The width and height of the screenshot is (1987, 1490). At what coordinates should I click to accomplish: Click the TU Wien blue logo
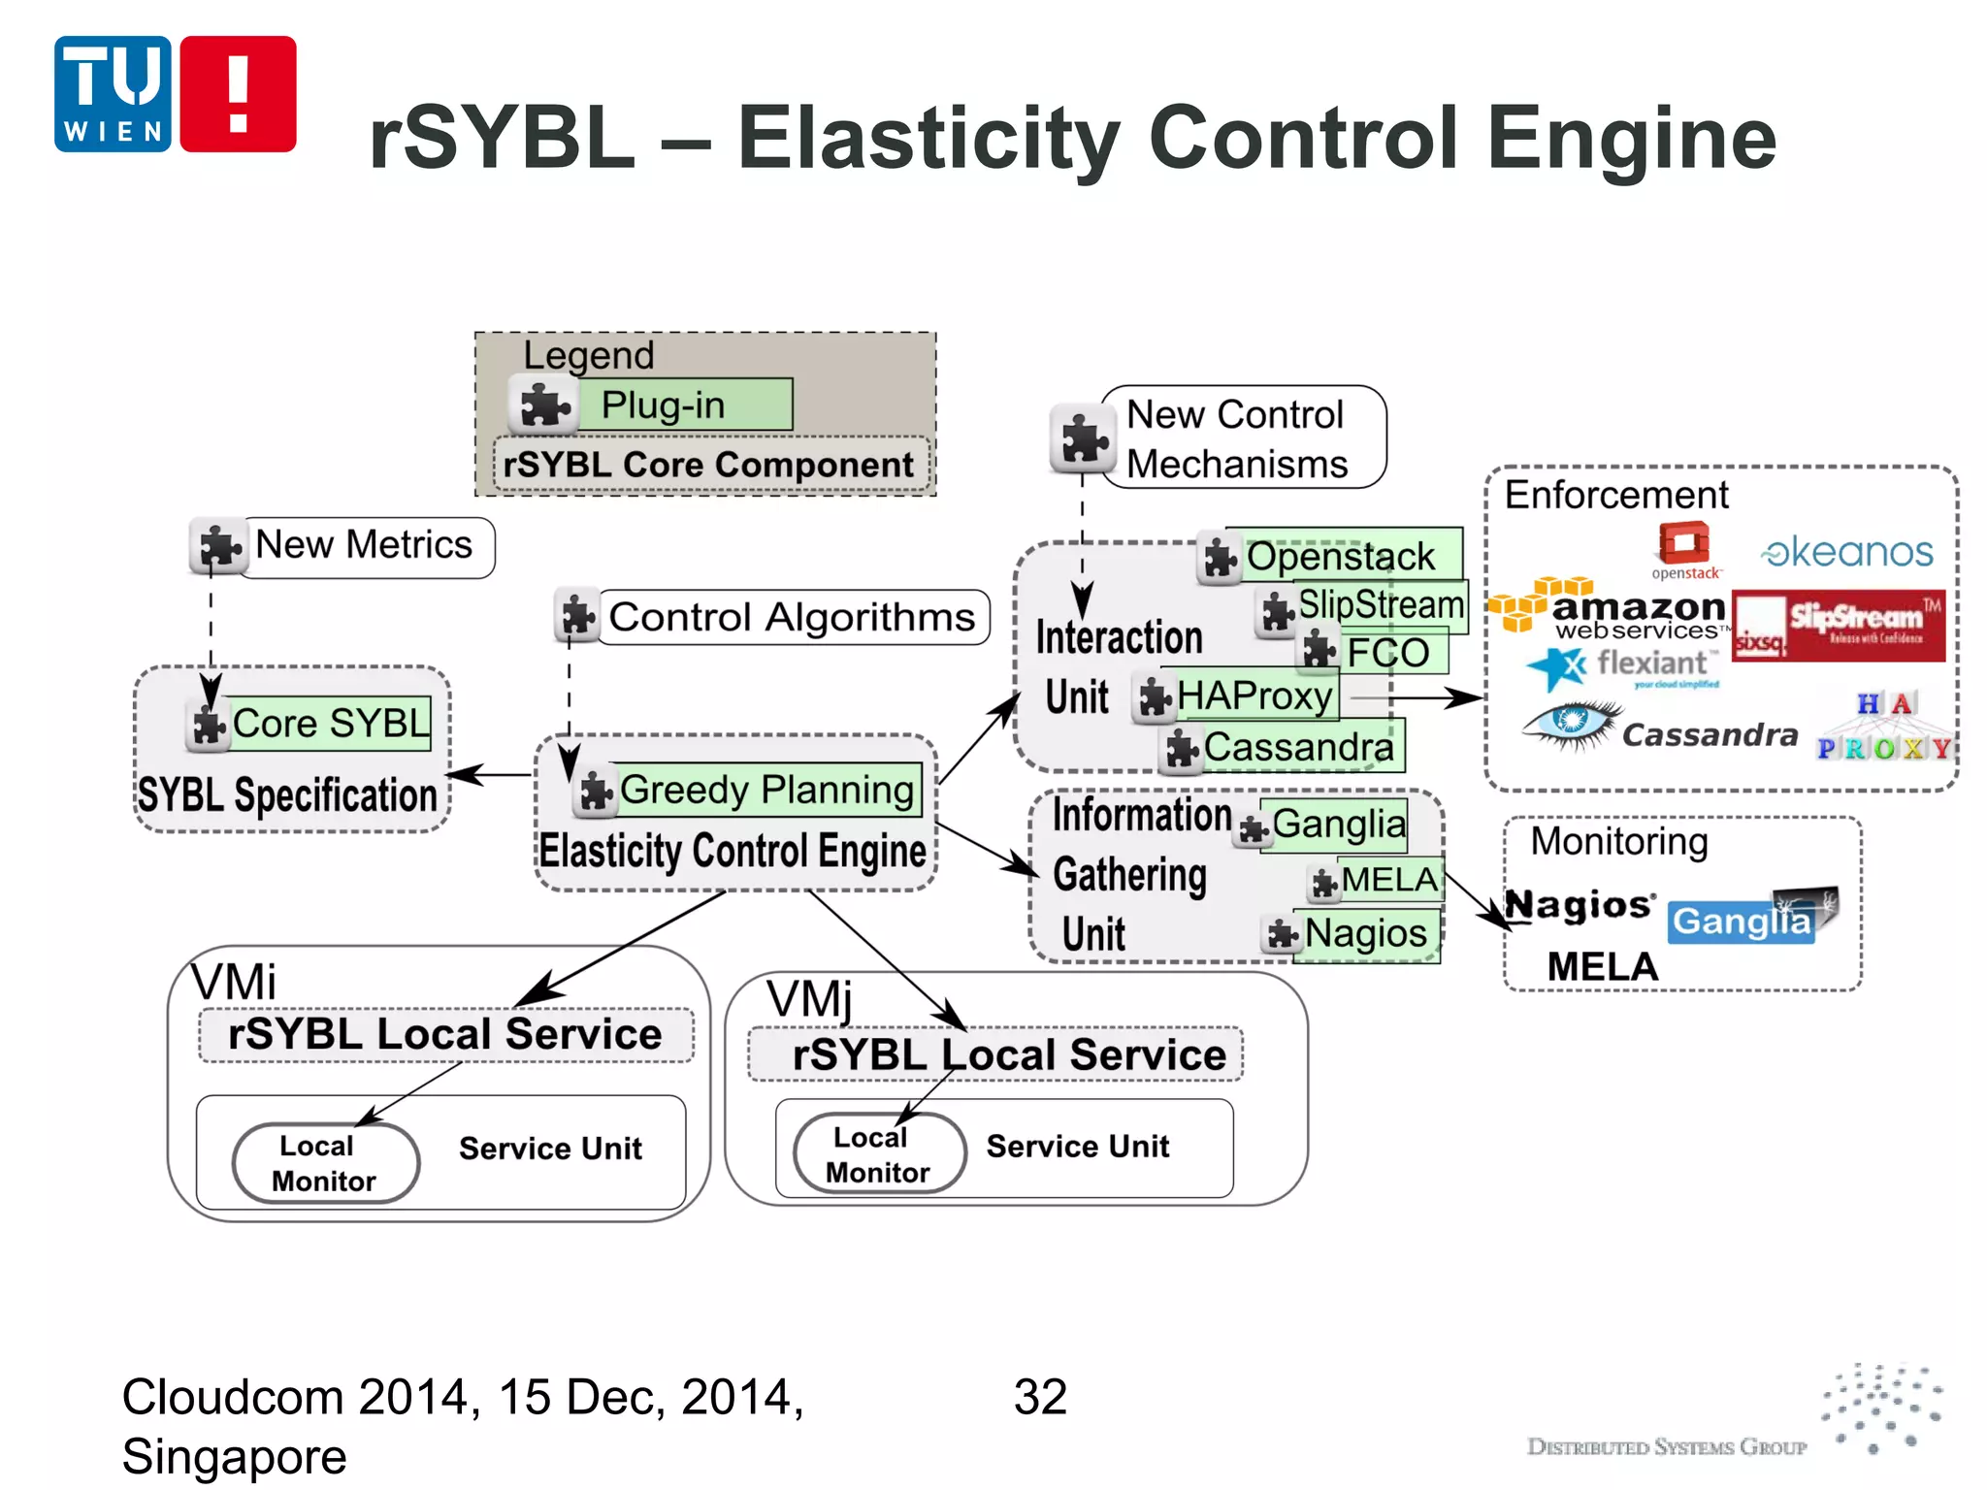[113, 94]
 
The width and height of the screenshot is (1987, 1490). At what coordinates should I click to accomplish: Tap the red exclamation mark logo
[238, 94]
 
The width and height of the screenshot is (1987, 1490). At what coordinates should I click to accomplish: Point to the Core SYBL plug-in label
[329, 724]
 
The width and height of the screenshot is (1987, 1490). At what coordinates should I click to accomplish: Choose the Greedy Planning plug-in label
[765, 790]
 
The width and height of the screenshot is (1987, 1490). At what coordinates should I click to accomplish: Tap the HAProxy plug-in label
[1254, 696]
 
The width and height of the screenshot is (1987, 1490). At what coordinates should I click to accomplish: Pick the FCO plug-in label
[1387, 653]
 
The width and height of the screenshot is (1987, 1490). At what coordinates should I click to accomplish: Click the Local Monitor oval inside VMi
[326, 1163]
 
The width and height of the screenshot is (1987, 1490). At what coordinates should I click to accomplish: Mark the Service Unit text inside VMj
[1077, 1147]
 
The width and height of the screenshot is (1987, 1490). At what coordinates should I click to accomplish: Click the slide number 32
[1040, 1398]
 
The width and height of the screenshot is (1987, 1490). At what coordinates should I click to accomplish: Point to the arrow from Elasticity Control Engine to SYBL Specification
[491, 774]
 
